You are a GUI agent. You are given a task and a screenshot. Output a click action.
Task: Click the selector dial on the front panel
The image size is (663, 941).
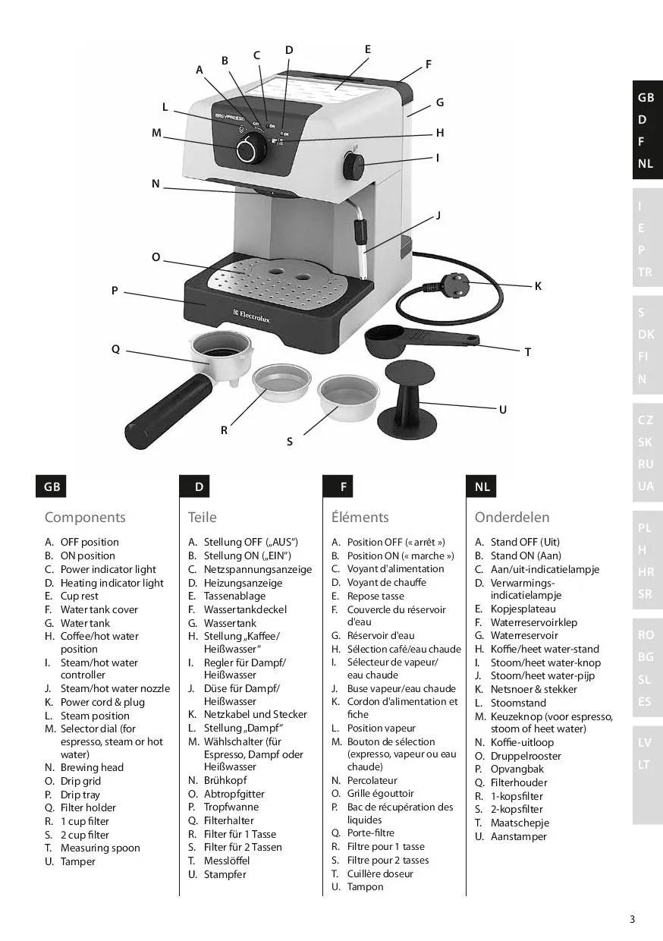[247, 150]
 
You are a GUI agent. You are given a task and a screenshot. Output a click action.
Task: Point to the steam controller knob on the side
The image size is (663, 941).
[353, 165]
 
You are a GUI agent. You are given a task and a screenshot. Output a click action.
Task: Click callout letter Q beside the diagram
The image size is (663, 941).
[115, 349]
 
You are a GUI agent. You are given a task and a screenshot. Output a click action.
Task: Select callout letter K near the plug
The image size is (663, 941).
[538, 286]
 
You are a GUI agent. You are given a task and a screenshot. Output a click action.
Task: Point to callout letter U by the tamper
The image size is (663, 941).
[502, 410]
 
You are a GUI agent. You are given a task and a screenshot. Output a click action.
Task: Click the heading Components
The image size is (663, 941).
[85, 518]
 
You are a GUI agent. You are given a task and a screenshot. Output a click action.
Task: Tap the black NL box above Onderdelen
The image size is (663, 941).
[482, 486]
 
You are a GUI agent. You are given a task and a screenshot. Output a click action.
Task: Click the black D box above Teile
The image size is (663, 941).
[199, 486]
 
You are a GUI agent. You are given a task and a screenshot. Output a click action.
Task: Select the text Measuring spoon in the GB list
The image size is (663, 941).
[100, 848]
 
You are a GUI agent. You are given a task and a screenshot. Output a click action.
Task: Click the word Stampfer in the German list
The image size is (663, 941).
[225, 874]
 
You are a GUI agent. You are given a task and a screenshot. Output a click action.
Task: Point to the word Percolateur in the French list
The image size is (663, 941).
[372, 780]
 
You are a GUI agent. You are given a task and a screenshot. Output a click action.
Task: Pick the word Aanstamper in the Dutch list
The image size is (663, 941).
[518, 836]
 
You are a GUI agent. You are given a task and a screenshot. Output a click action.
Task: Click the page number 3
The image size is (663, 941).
[632, 920]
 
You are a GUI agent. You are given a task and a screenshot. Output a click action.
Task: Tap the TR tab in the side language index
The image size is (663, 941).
[646, 272]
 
